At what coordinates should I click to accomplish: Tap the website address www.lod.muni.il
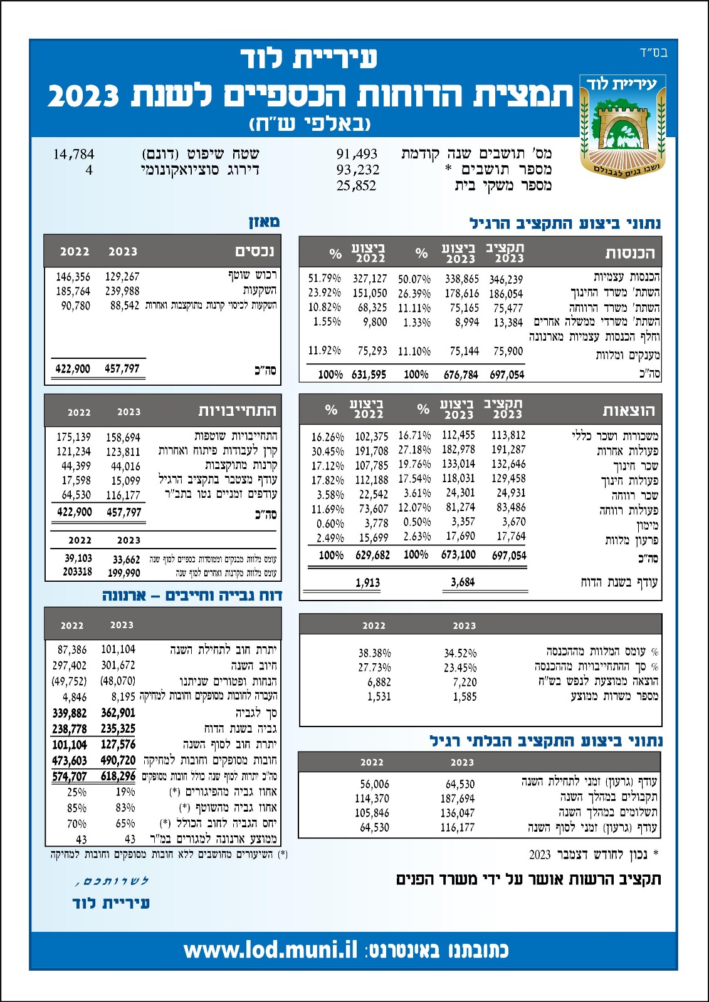[270, 950]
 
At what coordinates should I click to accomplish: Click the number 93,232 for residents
[357, 170]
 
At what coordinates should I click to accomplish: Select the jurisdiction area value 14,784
[73, 154]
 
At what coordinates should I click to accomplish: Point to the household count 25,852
[356, 186]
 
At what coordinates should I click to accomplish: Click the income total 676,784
[461, 374]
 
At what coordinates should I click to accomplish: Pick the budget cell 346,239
[506, 279]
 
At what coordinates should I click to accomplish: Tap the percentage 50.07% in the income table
[414, 279]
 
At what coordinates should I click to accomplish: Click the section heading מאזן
[264, 222]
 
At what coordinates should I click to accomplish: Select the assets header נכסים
[255, 252]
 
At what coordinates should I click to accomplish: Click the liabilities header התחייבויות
[237, 411]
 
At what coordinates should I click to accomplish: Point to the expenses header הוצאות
[629, 411]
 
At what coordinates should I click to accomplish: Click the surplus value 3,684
[463, 582]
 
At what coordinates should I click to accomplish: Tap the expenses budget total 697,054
[509, 555]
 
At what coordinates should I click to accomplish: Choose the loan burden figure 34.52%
[460, 653]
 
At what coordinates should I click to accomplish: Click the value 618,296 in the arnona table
[118, 776]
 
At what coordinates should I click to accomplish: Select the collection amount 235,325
[118, 728]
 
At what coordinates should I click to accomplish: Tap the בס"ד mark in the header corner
[654, 53]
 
